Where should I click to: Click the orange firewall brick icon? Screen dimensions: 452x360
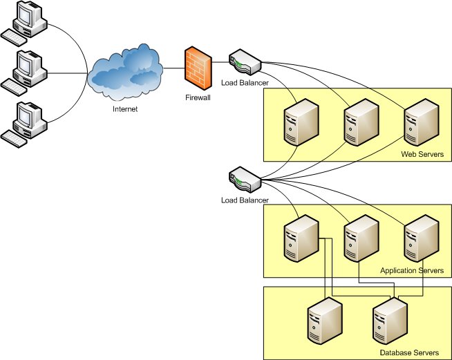click(x=198, y=68)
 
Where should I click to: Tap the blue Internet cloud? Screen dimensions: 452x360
click(x=125, y=72)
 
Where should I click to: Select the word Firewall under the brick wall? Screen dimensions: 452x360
click(x=198, y=97)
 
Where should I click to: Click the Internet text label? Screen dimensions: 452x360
click(x=125, y=109)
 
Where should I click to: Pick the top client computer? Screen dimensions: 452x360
click(x=24, y=23)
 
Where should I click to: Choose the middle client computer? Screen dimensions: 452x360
click(x=24, y=73)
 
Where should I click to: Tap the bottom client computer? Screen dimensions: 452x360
click(x=24, y=124)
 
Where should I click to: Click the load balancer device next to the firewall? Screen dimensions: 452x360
click(x=245, y=62)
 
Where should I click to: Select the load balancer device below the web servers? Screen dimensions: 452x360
click(x=245, y=180)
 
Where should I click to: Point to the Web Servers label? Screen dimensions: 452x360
click(x=422, y=154)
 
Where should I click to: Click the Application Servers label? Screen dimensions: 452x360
click(x=412, y=270)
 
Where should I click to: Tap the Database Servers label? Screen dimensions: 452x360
click(x=409, y=352)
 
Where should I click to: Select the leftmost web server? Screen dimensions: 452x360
click(x=301, y=122)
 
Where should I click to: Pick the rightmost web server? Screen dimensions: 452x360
click(x=422, y=122)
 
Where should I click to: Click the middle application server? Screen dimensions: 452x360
click(x=361, y=238)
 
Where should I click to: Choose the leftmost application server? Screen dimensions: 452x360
click(x=301, y=238)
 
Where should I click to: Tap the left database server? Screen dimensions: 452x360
click(x=325, y=321)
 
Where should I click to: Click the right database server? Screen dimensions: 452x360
click(x=390, y=321)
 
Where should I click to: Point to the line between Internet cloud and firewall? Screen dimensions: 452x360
click(x=174, y=68)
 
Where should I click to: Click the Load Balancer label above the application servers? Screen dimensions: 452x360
click(x=245, y=200)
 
